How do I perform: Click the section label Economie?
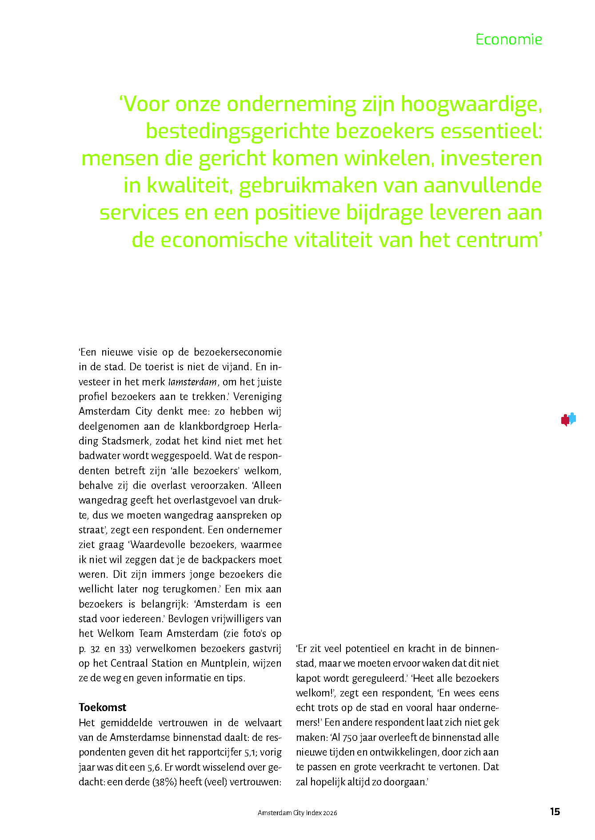[509, 40]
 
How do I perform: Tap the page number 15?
[555, 812]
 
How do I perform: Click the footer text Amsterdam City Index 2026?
[297, 812]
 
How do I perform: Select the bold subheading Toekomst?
[102, 707]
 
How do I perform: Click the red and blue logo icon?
[568, 419]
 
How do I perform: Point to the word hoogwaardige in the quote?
[471, 104]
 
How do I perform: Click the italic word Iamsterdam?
[192, 382]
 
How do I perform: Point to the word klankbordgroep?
[214, 426]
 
